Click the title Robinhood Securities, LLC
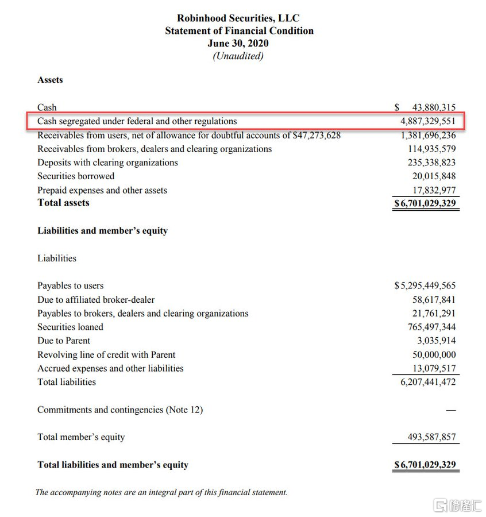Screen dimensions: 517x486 click(x=238, y=18)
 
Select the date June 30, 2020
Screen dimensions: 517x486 click(x=238, y=43)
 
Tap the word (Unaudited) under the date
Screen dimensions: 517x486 click(x=238, y=56)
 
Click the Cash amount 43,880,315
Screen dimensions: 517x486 click(x=434, y=107)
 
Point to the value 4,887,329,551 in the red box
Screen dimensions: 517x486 click(x=428, y=121)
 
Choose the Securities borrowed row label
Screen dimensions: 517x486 click(x=76, y=176)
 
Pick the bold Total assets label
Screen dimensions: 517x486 click(x=63, y=203)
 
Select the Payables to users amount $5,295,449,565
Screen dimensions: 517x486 click(x=425, y=285)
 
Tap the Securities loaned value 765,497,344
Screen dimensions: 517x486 click(x=431, y=327)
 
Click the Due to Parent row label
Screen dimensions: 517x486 click(x=64, y=341)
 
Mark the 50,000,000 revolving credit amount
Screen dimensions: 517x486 click(x=434, y=354)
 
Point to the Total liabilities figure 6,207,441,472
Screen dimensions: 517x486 click(x=428, y=382)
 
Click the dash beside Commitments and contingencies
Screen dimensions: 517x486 click(x=451, y=410)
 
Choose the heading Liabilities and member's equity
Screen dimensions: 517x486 click(x=102, y=231)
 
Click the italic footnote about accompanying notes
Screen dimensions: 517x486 click(x=161, y=492)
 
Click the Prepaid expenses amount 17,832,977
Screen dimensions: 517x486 click(x=434, y=190)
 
